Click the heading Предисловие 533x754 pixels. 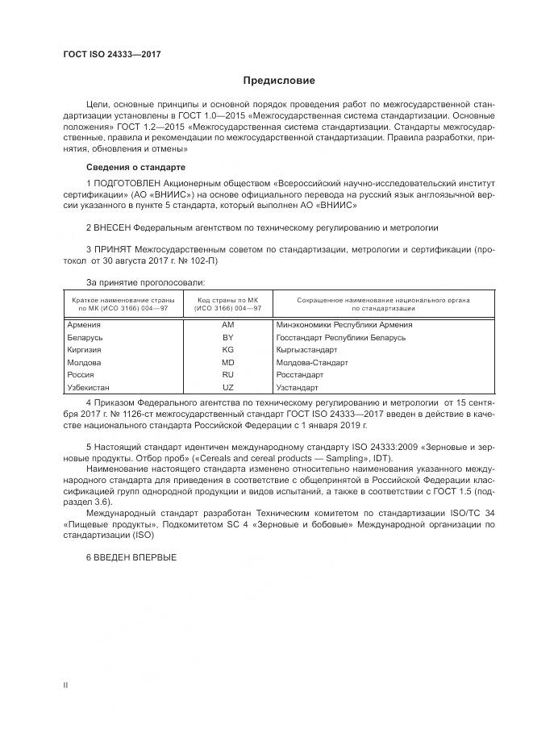tap(280, 81)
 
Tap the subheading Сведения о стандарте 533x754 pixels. tap(135, 167)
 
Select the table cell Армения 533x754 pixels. tap(85, 324)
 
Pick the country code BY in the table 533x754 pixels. tap(227, 337)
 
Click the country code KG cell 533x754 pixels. tap(227, 350)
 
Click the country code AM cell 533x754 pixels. tap(227, 324)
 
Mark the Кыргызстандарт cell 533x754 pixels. tap(306, 350)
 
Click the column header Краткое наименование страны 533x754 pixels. tap(118, 299)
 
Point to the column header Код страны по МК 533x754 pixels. tap(229, 299)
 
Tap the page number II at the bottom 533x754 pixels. tap(66, 685)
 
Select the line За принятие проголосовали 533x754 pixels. tap(145, 282)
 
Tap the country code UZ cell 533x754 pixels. tap(227, 389)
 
